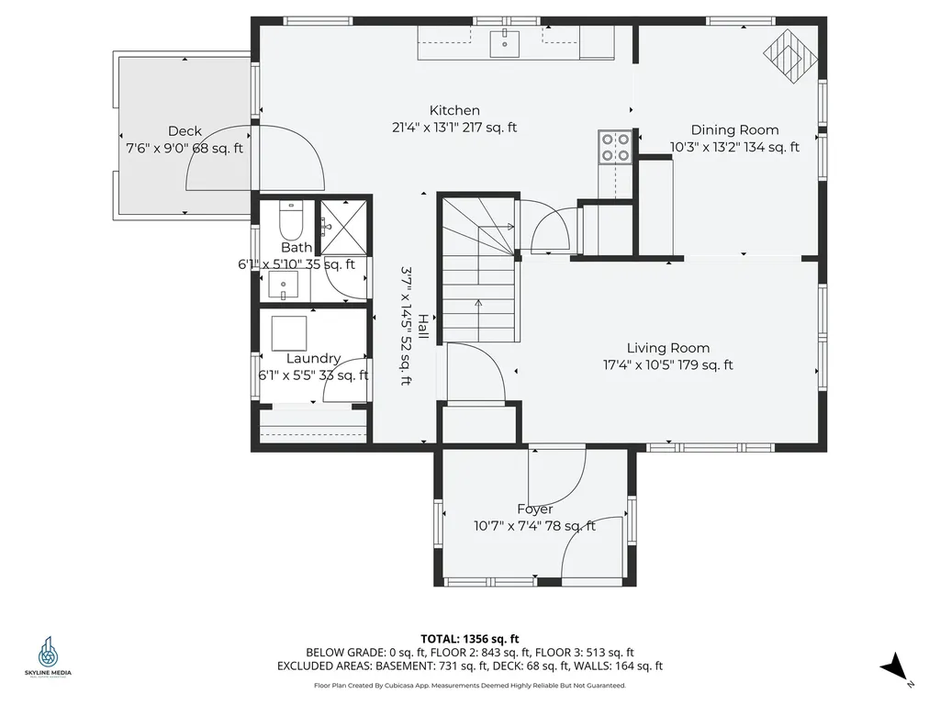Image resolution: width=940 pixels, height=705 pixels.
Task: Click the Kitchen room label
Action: click(454, 111)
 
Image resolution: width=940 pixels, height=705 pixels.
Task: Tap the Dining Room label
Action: click(734, 130)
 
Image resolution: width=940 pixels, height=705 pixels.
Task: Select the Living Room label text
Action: click(667, 348)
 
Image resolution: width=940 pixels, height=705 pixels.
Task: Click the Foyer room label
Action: click(534, 509)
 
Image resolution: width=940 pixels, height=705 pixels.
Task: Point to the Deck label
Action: click(185, 131)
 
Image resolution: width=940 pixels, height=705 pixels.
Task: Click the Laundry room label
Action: click(313, 358)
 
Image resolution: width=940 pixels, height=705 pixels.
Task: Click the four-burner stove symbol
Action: click(615, 147)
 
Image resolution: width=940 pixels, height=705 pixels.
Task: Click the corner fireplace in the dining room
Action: click(790, 57)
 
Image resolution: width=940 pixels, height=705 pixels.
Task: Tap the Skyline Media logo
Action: click(48, 657)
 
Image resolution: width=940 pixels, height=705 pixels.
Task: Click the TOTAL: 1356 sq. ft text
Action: click(470, 639)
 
